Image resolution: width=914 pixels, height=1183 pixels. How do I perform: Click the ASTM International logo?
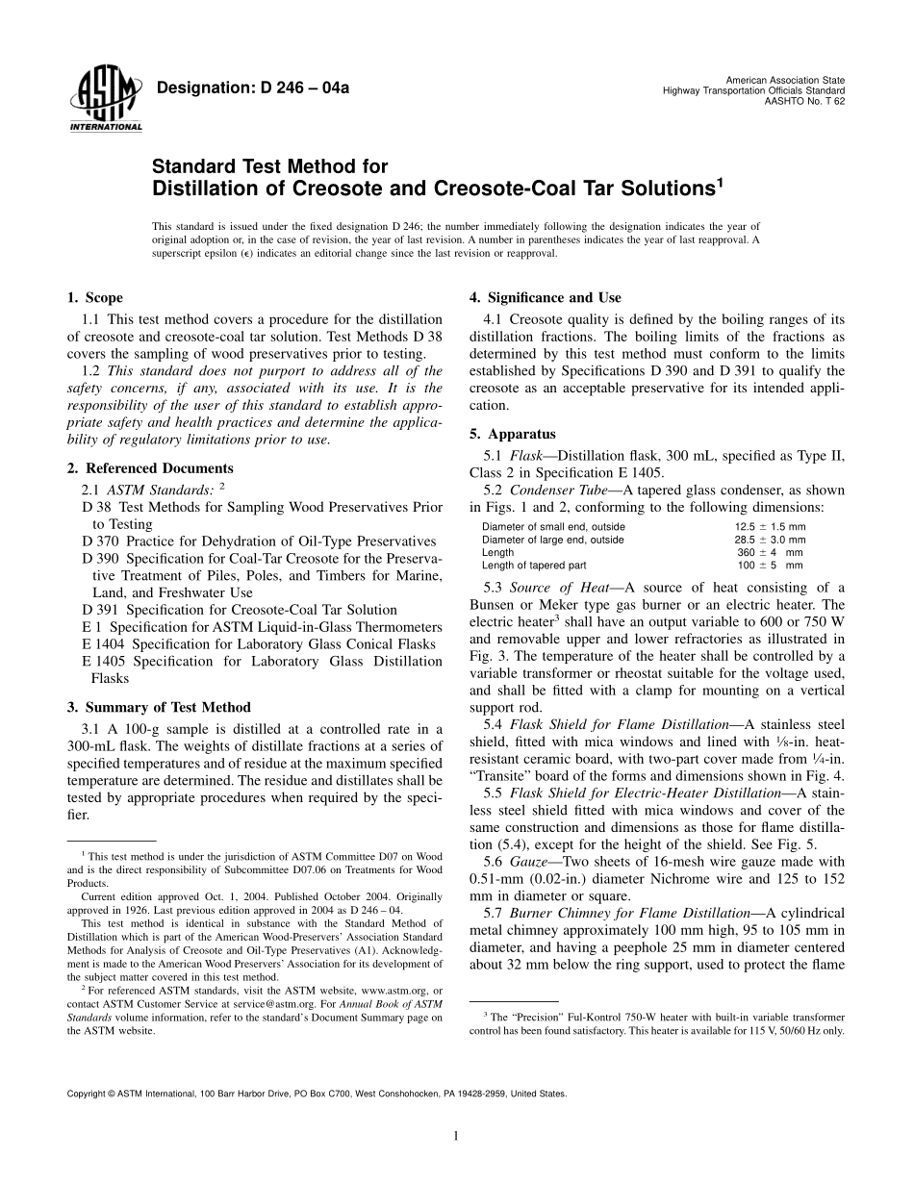tap(105, 101)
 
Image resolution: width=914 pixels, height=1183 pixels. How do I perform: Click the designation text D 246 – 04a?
tap(252, 88)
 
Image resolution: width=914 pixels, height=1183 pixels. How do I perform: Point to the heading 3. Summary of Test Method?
tap(158, 707)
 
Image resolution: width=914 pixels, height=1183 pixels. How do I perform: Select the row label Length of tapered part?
tap(534, 566)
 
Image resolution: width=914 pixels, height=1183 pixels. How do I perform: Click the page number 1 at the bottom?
tap(456, 1136)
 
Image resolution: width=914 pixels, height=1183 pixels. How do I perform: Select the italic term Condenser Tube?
tap(555, 490)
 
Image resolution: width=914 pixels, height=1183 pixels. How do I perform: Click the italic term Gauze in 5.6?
tap(529, 862)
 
